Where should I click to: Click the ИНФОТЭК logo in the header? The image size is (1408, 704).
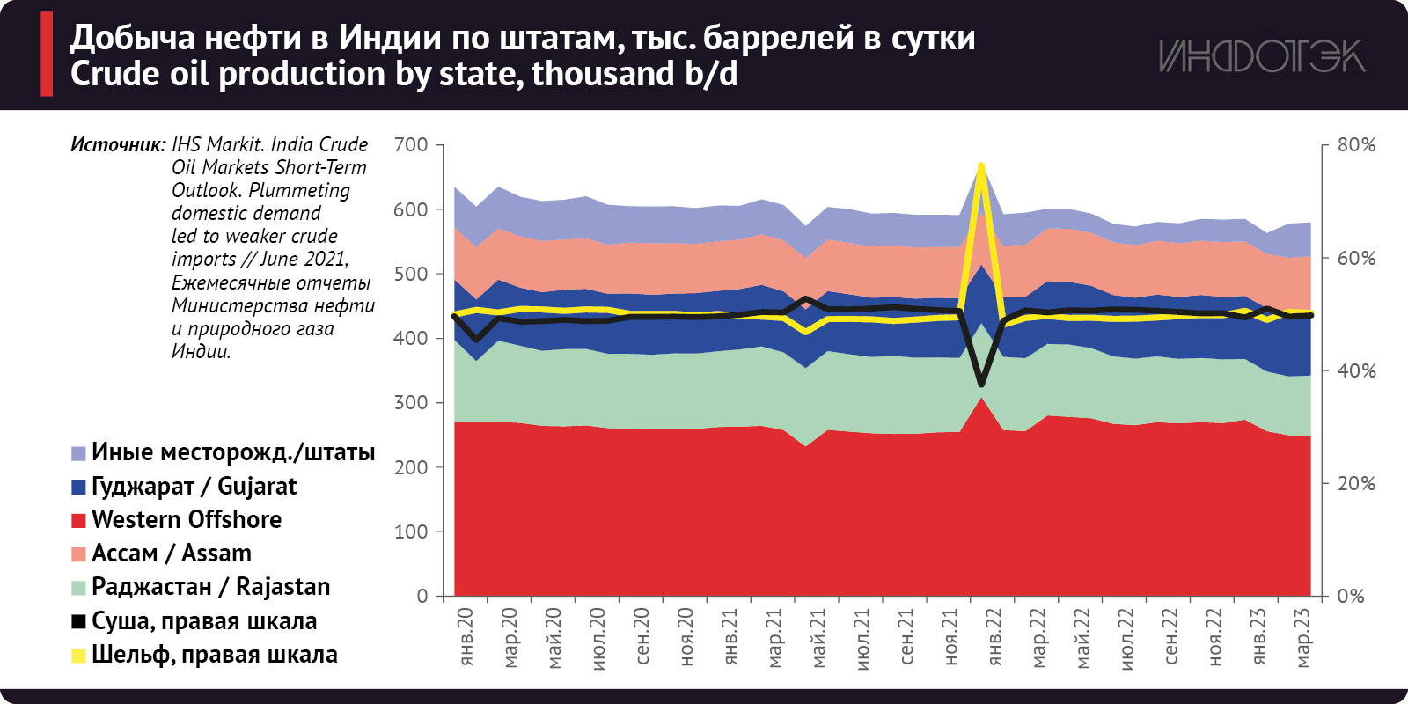coord(1261,57)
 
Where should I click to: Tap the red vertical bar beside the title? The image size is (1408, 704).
coord(47,55)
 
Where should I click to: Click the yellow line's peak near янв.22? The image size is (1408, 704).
coord(981,165)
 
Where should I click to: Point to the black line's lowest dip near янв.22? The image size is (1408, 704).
coord(981,385)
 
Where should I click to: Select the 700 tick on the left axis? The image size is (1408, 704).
coord(411,144)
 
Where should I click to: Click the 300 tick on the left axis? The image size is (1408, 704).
coord(411,402)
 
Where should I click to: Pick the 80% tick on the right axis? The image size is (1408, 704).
coord(1356,144)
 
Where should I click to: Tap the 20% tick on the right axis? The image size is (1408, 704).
coord(1356,483)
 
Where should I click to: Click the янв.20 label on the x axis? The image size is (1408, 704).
coord(466,635)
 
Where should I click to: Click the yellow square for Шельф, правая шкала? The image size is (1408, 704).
coord(78,655)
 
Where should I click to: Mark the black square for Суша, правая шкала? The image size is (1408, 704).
coord(78,621)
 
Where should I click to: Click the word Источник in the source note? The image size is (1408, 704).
coord(118,144)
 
